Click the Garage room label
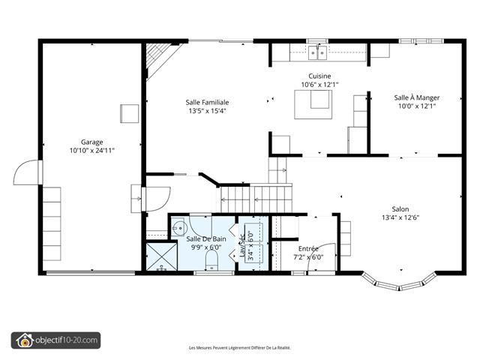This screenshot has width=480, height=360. point(91,142)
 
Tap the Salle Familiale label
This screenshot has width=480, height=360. point(207,102)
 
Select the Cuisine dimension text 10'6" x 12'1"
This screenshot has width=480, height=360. point(319,85)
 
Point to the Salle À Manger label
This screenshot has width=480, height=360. point(417,97)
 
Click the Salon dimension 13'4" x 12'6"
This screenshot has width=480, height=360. point(400,217)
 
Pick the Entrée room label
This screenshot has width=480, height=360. point(308,248)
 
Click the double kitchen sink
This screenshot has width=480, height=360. point(318,52)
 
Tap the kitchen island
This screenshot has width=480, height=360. point(313,104)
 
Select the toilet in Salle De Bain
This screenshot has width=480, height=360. point(211,260)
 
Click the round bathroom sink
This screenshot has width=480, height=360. point(178,228)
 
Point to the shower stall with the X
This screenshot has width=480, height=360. point(162,256)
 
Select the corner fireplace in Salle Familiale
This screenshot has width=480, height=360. point(160,58)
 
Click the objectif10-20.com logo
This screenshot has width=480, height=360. point(55,340)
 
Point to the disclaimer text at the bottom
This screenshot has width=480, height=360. point(240,348)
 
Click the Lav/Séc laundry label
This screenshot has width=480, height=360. point(242,245)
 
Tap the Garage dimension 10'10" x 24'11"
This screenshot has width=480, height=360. point(91,150)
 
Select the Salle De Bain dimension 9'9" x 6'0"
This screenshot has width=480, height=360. point(206,247)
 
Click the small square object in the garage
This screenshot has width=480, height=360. point(129,113)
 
